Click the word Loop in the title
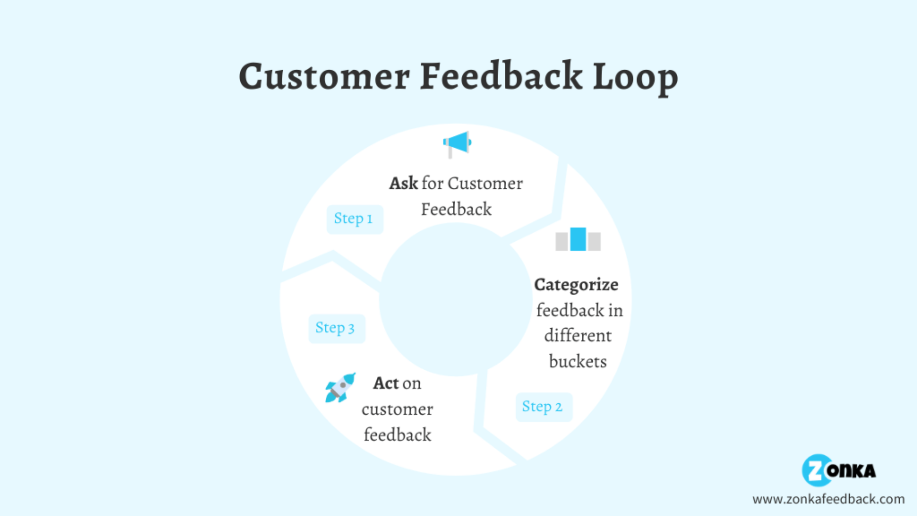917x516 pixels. pyautogui.click(x=635, y=76)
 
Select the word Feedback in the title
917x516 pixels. pyautogui.click(x=501, y=76)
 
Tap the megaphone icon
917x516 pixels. pyautogui.click(x=457, y=143)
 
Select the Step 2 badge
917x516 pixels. pyautogui.click(x=544, y=407)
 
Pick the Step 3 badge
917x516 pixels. pyautogui.click(x=336, y=329)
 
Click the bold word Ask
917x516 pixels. pyautogui.click(x=404, y=183)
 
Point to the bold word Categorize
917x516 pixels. pyautogui.click(x=576, y=285)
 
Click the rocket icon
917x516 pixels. pyautogui.click(x=340, y=387)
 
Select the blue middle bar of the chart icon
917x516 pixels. pyautogui.click(x=578, y=239)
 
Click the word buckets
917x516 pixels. pyautogui.click(x=578, y=362)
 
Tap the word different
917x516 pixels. pyautogui.click(x=578, y=336)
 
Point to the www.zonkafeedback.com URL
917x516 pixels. pyautogui.click(x=828, y=499)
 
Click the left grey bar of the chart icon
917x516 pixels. pyautogui.click(x=562, y=242)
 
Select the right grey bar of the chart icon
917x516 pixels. pyautogui.click(x=594, y=242)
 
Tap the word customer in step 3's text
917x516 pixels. pyautogui.click(x=397, y=409)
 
